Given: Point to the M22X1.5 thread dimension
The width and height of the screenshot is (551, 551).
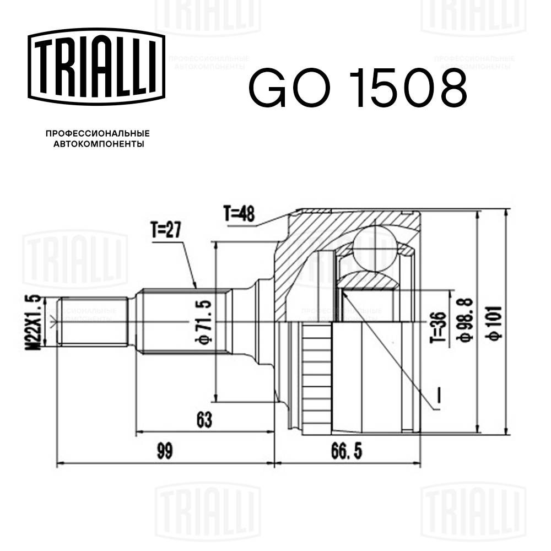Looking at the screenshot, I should (x=35, y=322).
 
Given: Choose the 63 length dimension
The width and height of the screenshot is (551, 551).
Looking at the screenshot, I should (x=203, y=420).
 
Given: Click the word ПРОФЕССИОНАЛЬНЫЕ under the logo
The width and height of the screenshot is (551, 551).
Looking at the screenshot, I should (x=98, y=133).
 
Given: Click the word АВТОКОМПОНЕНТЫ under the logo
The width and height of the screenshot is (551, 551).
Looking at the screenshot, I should (x=98, y=144).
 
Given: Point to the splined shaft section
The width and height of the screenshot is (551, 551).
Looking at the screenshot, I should (x=182, y=322).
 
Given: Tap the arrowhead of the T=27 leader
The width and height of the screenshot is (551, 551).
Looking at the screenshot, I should (x=196, y=287).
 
